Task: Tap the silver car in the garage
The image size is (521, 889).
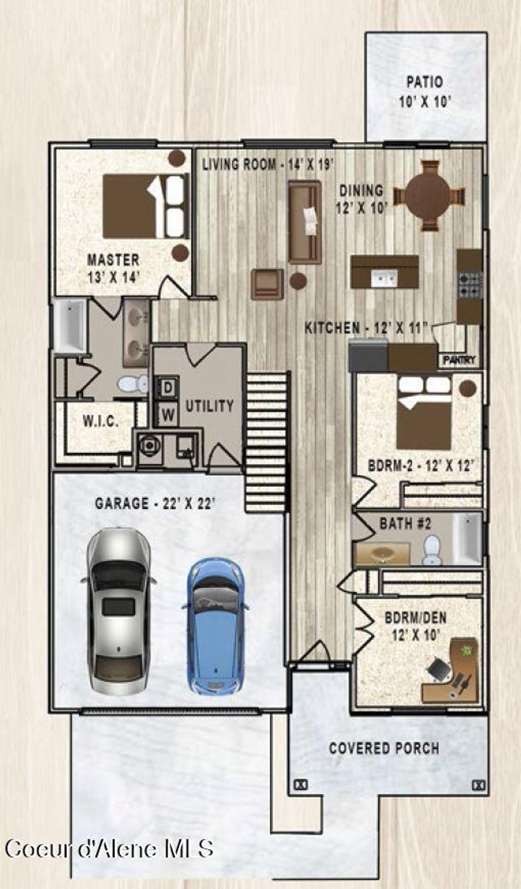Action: point(119,611)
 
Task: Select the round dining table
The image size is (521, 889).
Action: point(428,196)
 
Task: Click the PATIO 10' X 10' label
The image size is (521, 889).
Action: point(425,92)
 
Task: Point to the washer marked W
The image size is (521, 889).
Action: point(167,415)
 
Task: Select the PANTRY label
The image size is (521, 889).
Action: point(459,360)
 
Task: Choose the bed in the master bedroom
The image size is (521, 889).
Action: point(146,206)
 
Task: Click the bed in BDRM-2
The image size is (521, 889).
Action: point(424,412)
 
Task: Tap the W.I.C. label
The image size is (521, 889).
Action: point(101,421)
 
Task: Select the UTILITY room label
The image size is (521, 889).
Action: point(209,406)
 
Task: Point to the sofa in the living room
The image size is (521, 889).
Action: point(305,222)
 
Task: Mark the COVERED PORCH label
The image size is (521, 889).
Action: point(384,748)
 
